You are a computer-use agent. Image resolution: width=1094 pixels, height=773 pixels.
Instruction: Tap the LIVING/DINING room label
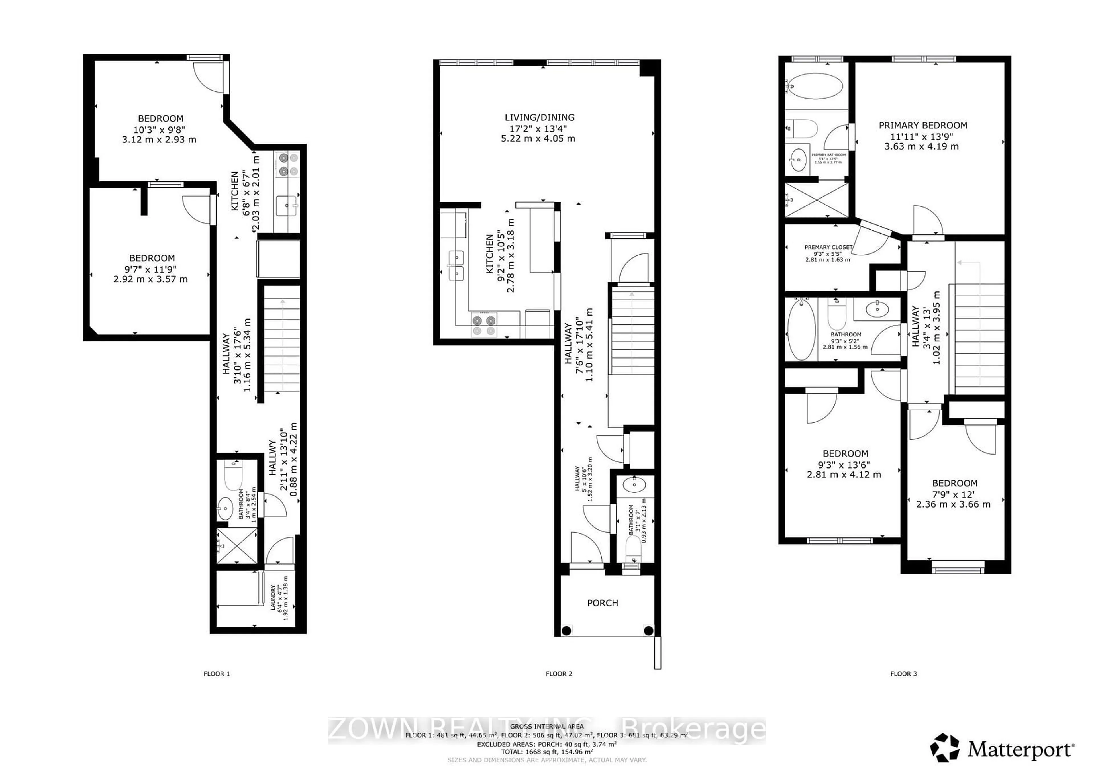539,117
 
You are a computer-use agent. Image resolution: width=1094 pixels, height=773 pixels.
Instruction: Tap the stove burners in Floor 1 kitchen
287,164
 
